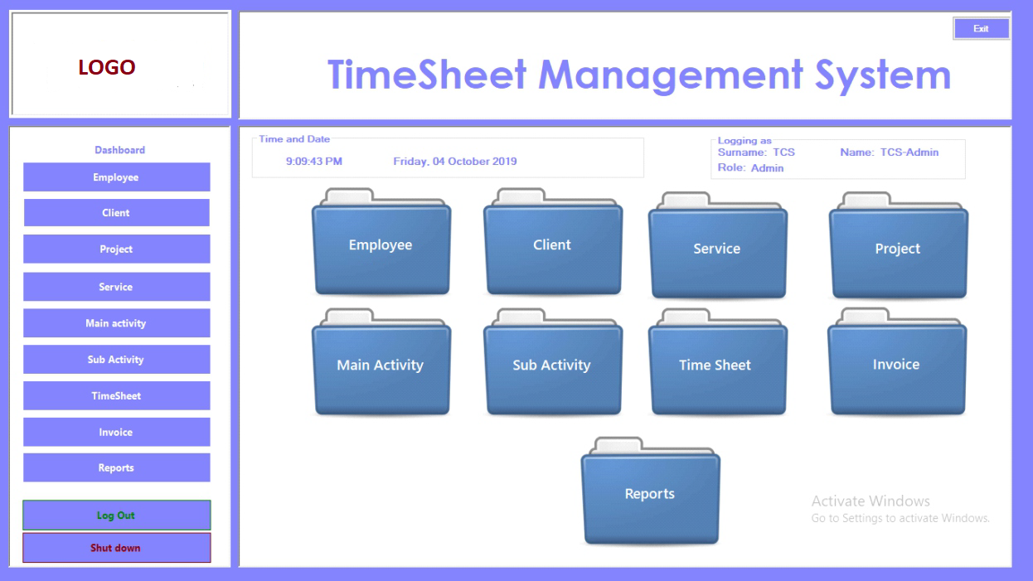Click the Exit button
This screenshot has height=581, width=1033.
tap(981, 28)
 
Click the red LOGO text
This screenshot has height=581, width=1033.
tap(106, 67)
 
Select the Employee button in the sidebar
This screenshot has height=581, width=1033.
tap(117, 177)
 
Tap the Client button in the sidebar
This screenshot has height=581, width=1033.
tap(117, 212)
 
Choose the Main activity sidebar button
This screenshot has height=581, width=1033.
tap(117, 322)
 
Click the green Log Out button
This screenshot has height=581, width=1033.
tap(117, 515)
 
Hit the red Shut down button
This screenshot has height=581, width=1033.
tap(117, 548)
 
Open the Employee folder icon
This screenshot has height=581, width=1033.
tap(381, 242)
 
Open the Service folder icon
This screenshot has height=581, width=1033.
tap(718, 245)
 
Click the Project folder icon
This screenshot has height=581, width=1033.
tap(899, 245)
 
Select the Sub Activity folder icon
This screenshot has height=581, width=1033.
tap(553, 362)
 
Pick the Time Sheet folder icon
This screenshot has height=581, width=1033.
tap(718, 362)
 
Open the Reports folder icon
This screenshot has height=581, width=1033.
tap(650, 491)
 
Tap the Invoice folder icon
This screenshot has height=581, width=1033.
tap(897, 361)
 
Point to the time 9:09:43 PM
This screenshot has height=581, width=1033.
tap(314, 162)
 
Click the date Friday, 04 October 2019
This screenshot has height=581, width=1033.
tap(454, 162)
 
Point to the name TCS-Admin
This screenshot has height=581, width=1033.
tap(909, 153)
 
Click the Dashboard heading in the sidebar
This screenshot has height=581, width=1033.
tap(119, 150)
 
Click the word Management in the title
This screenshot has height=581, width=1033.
tap(671, 75)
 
